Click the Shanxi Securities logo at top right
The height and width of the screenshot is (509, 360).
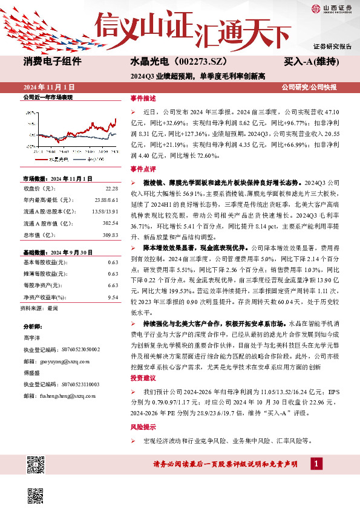331,8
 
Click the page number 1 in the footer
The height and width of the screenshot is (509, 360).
316,464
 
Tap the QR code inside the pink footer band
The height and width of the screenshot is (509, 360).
36,464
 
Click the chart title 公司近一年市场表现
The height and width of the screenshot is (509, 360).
47,97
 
